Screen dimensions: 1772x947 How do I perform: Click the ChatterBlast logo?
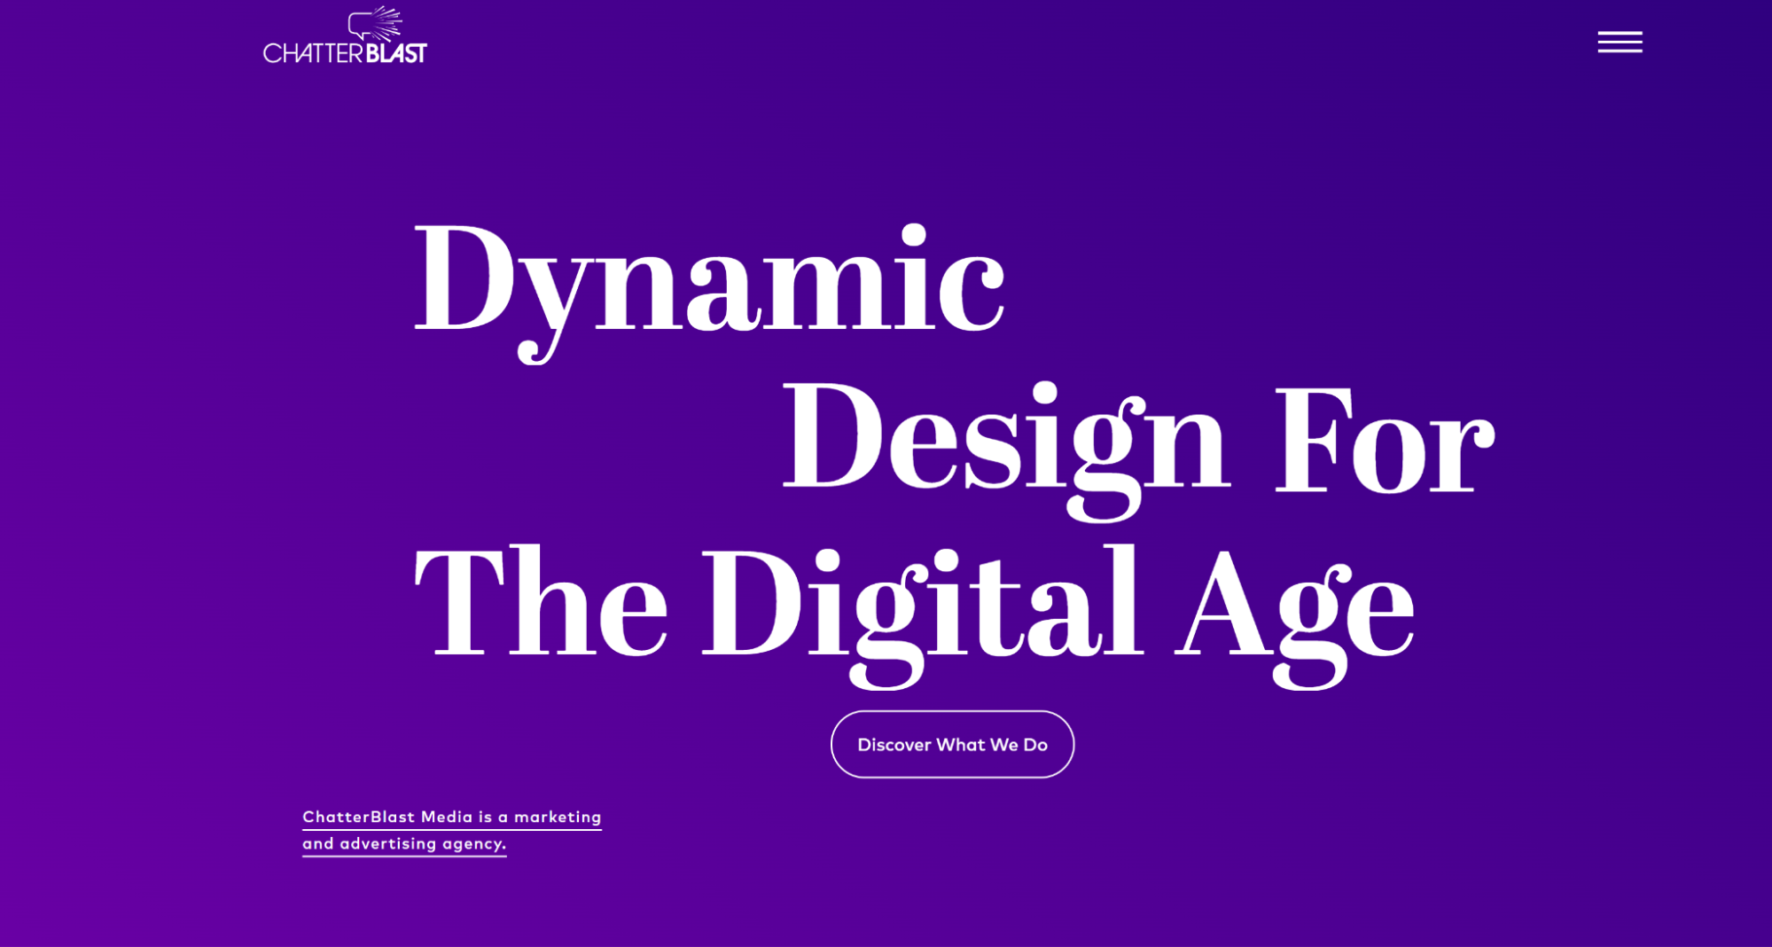(x=345, y=35)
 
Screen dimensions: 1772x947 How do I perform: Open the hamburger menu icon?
(x=1620, y=42)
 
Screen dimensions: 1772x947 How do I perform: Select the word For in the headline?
(x=1385, y=440)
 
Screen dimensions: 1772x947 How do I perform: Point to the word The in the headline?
(x=542, y=601)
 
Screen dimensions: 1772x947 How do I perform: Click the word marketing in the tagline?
(x=558, y=818)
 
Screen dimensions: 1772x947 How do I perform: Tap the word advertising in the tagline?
(x=388, y=843)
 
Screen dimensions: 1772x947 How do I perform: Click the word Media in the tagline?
(x=447, y=817)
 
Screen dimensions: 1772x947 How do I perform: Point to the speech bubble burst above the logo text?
(x=376, y=24)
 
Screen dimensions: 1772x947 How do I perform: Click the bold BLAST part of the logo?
(x=396, y=53)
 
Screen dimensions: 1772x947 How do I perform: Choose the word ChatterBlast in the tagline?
(x=359, y=817)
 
